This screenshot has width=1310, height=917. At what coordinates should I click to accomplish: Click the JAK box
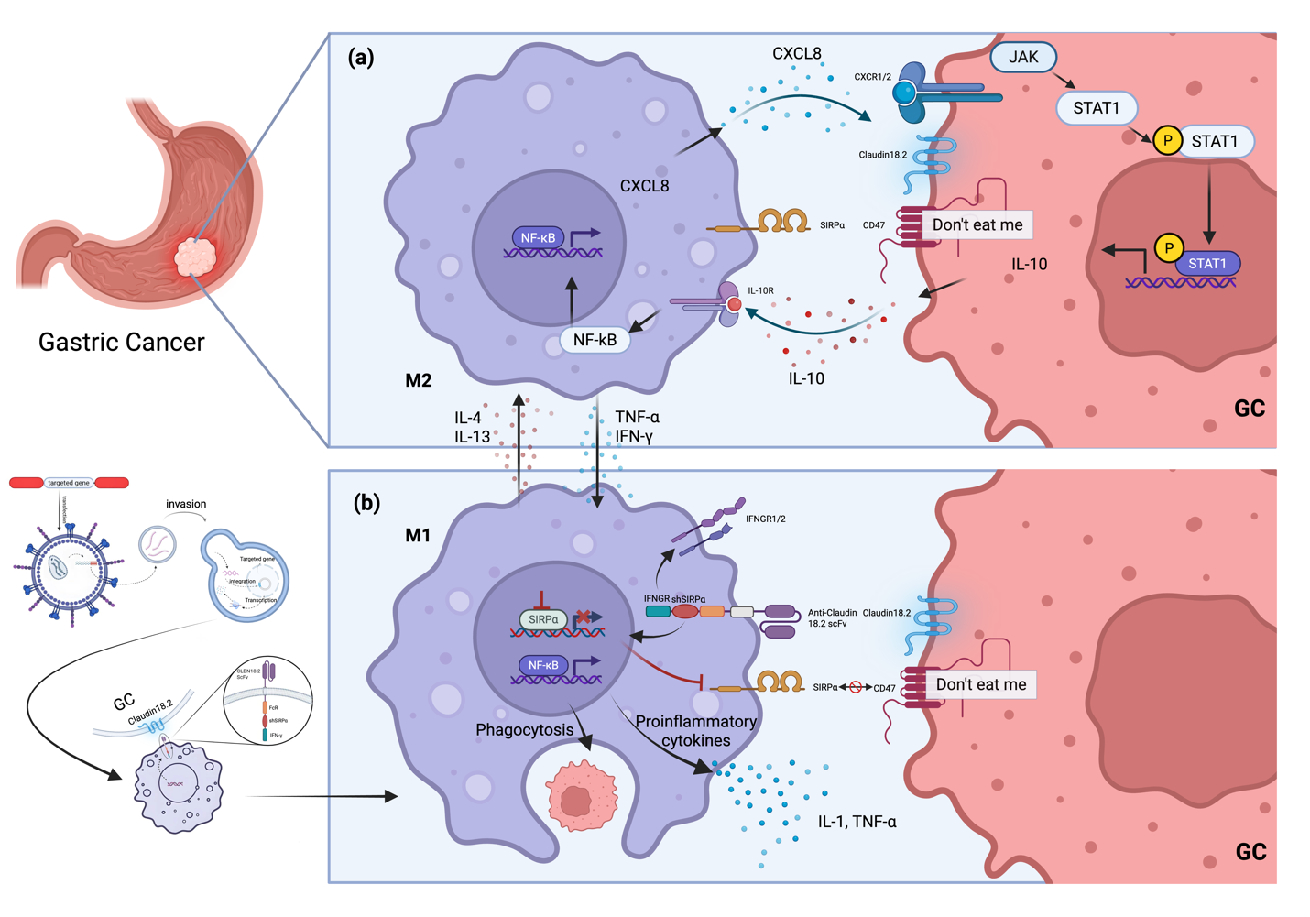click(1023, 57)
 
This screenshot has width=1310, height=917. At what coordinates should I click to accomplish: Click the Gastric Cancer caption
click(121, 342)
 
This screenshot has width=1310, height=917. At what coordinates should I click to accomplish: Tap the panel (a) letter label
click(361, 58)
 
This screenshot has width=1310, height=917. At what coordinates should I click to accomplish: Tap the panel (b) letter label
click(366, 502)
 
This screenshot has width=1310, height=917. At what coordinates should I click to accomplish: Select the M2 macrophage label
click(418, 380)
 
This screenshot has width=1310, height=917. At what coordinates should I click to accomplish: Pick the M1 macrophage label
click(418, 535)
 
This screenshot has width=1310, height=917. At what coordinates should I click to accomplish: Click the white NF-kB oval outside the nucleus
click(595, 340)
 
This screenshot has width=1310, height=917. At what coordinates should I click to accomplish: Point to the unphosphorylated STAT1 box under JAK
click(1097, 108)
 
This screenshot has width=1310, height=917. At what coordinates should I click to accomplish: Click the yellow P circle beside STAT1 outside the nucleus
click(1167, 141)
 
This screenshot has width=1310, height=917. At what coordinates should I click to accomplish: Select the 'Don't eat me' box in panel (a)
click(977, 224)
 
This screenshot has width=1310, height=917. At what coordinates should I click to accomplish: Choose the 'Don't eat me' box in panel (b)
click(980, 684)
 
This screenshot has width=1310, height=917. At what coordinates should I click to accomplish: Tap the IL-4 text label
click(468, 418)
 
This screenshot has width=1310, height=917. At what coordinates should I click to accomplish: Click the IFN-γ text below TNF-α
click(634, 437)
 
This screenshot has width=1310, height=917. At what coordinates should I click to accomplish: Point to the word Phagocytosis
click(524, 730)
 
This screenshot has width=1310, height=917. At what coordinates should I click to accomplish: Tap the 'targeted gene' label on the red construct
click(69, 483)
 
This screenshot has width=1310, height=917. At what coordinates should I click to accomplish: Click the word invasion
click(186, 504)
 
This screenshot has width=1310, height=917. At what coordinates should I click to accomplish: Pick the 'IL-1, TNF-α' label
click(857, 823)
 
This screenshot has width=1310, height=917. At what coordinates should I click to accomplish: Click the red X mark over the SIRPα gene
click(582, 617)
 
